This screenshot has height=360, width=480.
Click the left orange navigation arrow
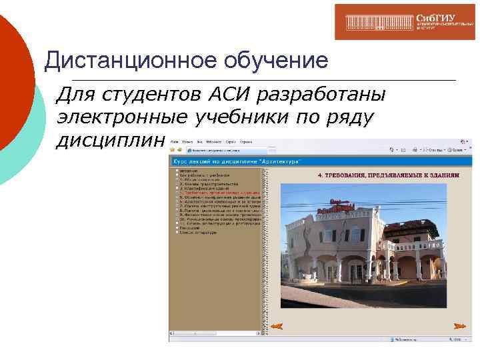[x=278, y=326]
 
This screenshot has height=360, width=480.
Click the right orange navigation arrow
[x=458, y=326]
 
